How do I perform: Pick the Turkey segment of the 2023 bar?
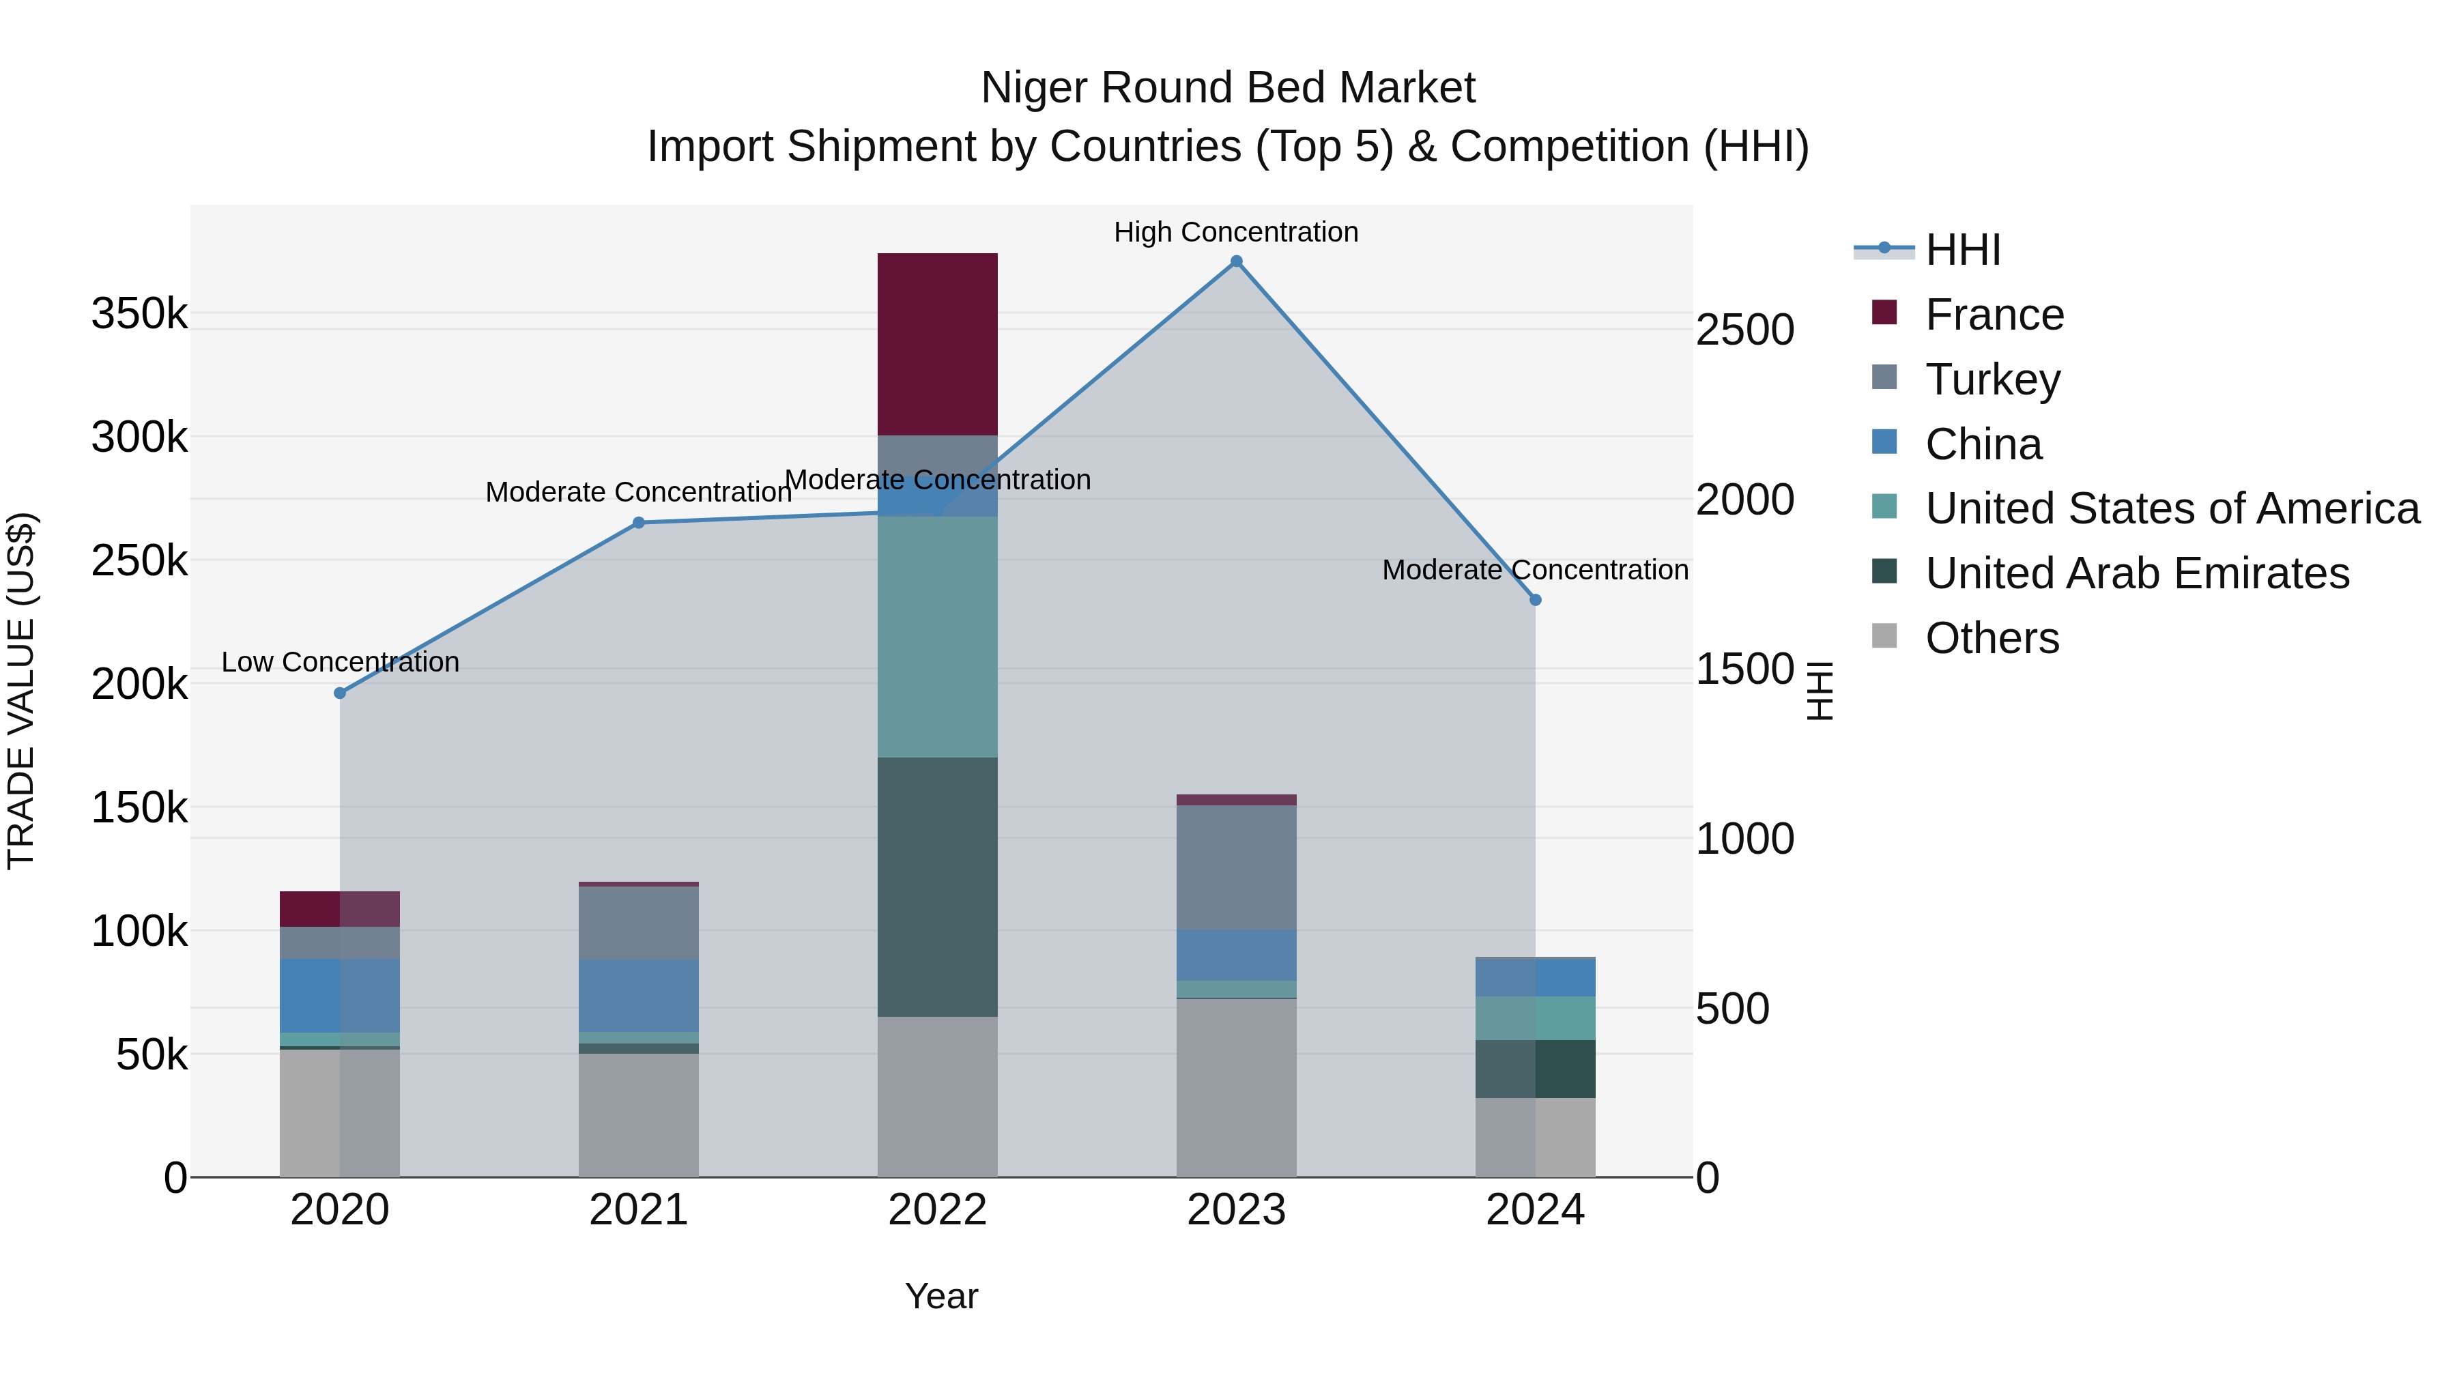click(1235, 866)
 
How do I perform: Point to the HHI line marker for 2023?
click(1236, 261)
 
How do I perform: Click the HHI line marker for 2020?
click(340, 693)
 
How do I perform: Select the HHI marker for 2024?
click(1535, 600)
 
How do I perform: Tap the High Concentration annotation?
click(1235, 232)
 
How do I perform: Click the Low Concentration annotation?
click(340, 662)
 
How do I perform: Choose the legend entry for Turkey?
click(1992, 379)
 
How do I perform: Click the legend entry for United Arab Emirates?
click(2136, 573)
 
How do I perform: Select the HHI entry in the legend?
click(1962, 250)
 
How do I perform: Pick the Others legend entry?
click(1992, 638)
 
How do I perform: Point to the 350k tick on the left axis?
click(139, 313)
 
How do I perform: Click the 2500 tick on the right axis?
click(1744, 330)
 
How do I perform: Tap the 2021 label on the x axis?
click(638, 1210)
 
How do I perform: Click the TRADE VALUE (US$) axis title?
click(21, 691)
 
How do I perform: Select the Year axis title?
click(940, 1296)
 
